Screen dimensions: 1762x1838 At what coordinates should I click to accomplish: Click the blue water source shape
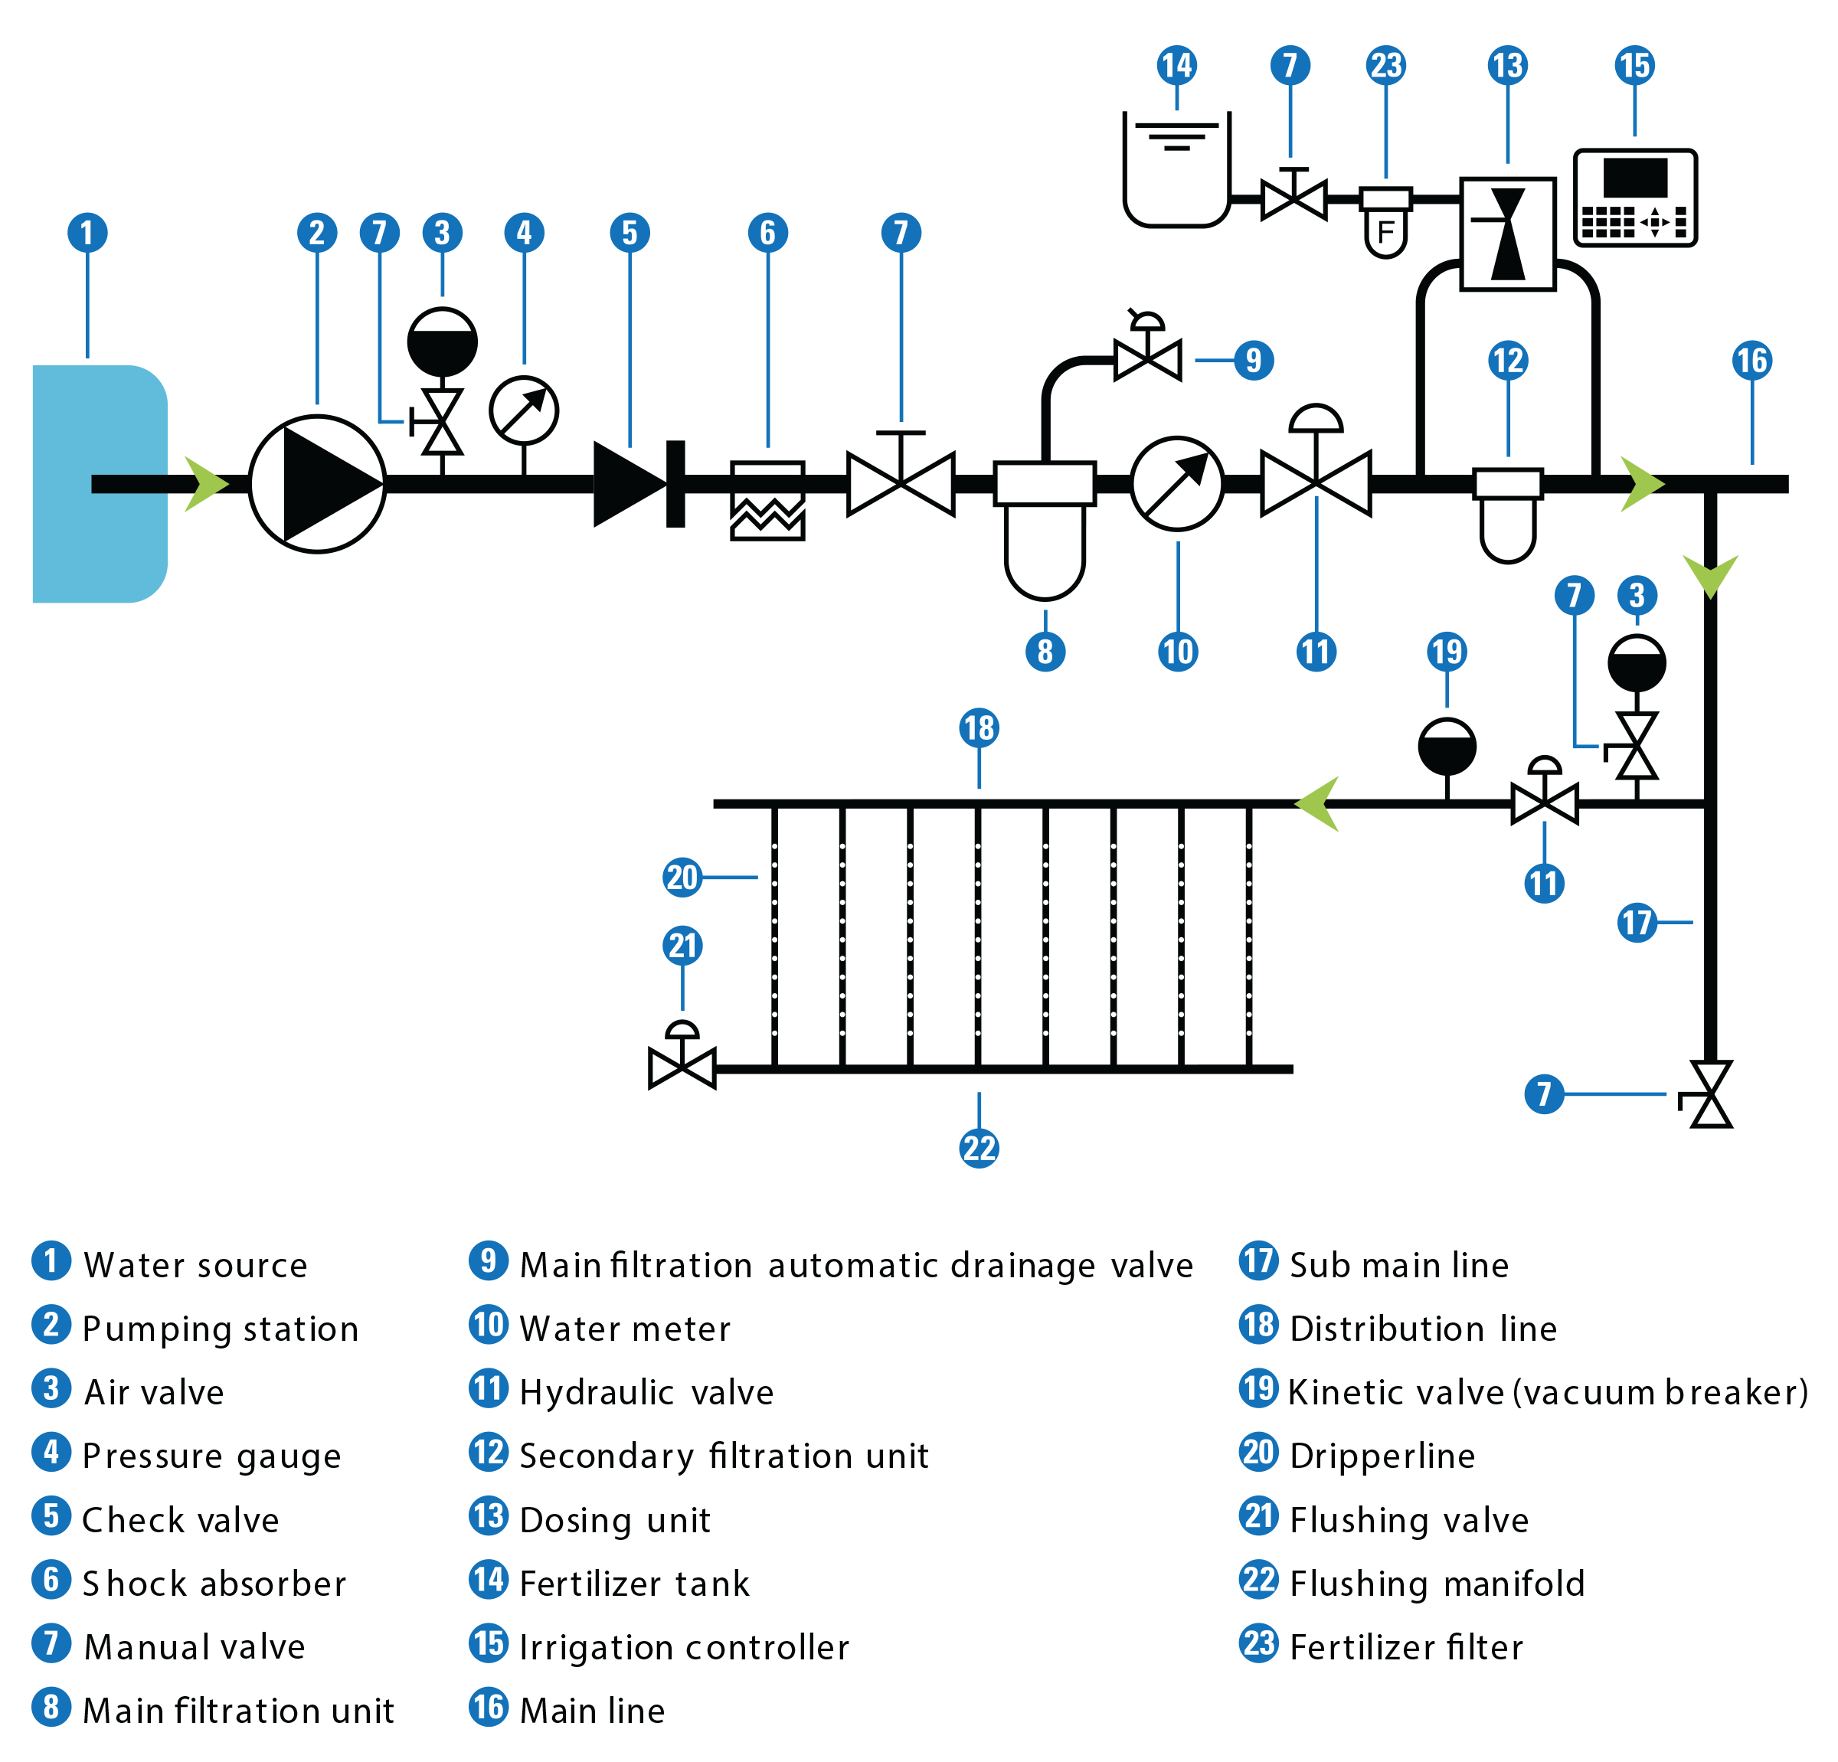pos(99,483)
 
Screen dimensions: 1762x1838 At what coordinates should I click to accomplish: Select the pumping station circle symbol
pos(317,484)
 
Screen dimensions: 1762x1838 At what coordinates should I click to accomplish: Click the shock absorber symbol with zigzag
pos(767,500)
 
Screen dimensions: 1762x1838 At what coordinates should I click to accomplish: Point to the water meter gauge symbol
pos(1177,484)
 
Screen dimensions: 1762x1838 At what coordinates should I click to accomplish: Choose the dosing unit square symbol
pos(1507,234)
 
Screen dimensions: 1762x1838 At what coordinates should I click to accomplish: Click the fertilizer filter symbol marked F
pos(1386,221)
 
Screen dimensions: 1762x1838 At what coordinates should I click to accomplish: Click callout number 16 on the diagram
pos(1751,360)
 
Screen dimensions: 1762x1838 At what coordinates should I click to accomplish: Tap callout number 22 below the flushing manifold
pos(979,1148)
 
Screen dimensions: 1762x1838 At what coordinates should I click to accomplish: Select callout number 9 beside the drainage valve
pos(1254,360)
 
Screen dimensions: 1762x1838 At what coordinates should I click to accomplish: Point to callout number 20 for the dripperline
pos(682,878)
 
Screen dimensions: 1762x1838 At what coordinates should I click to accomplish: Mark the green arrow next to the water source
pos(205,484)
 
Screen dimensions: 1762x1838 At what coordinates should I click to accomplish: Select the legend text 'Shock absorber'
pos(214,1584)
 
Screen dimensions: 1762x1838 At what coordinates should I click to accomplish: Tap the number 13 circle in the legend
pos(489,1516)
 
